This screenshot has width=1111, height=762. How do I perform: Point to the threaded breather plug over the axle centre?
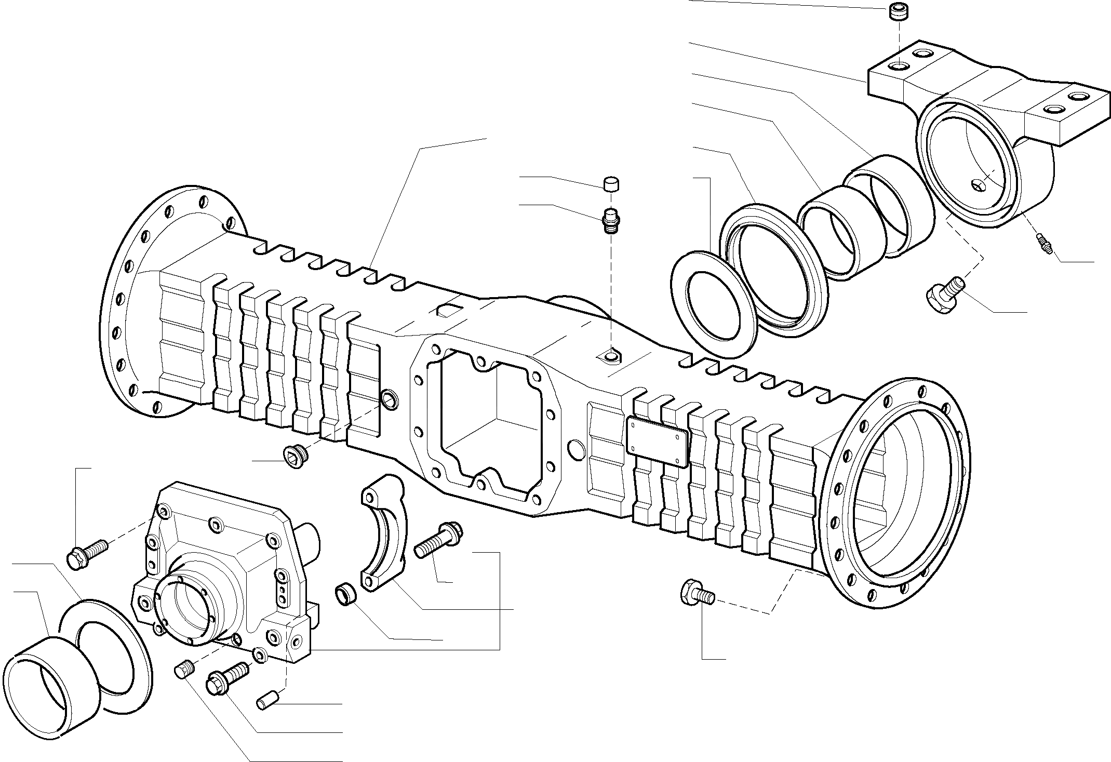coord(611,220)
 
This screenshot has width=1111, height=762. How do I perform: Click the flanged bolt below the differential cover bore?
coord(227,679)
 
